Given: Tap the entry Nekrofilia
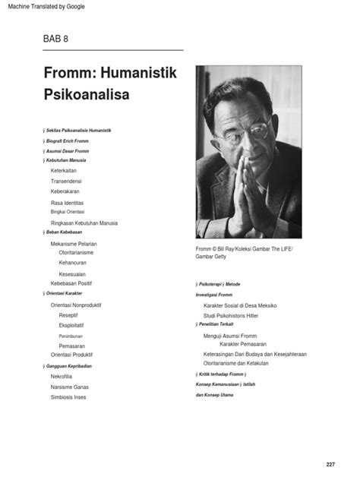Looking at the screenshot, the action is [67, 374].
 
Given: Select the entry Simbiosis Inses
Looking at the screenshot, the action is [74, 396].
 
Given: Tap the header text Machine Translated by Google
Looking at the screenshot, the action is [43, 7].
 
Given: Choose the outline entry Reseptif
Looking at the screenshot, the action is [68, 314].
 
